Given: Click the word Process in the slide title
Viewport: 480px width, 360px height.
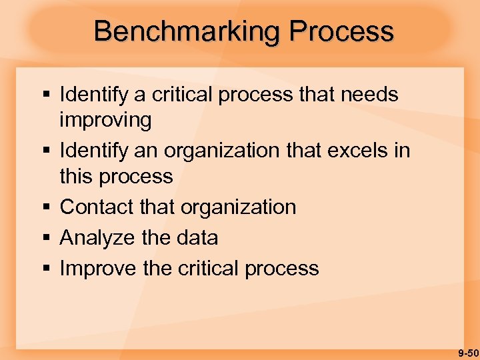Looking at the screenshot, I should pos(341,31).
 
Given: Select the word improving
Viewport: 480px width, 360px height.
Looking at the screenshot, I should pos(105,121).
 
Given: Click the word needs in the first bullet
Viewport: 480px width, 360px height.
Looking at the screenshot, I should pos(369,95).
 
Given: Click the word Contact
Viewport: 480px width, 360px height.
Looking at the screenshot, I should pos(97,207).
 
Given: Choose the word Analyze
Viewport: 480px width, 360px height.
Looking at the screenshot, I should pos(97,238).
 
